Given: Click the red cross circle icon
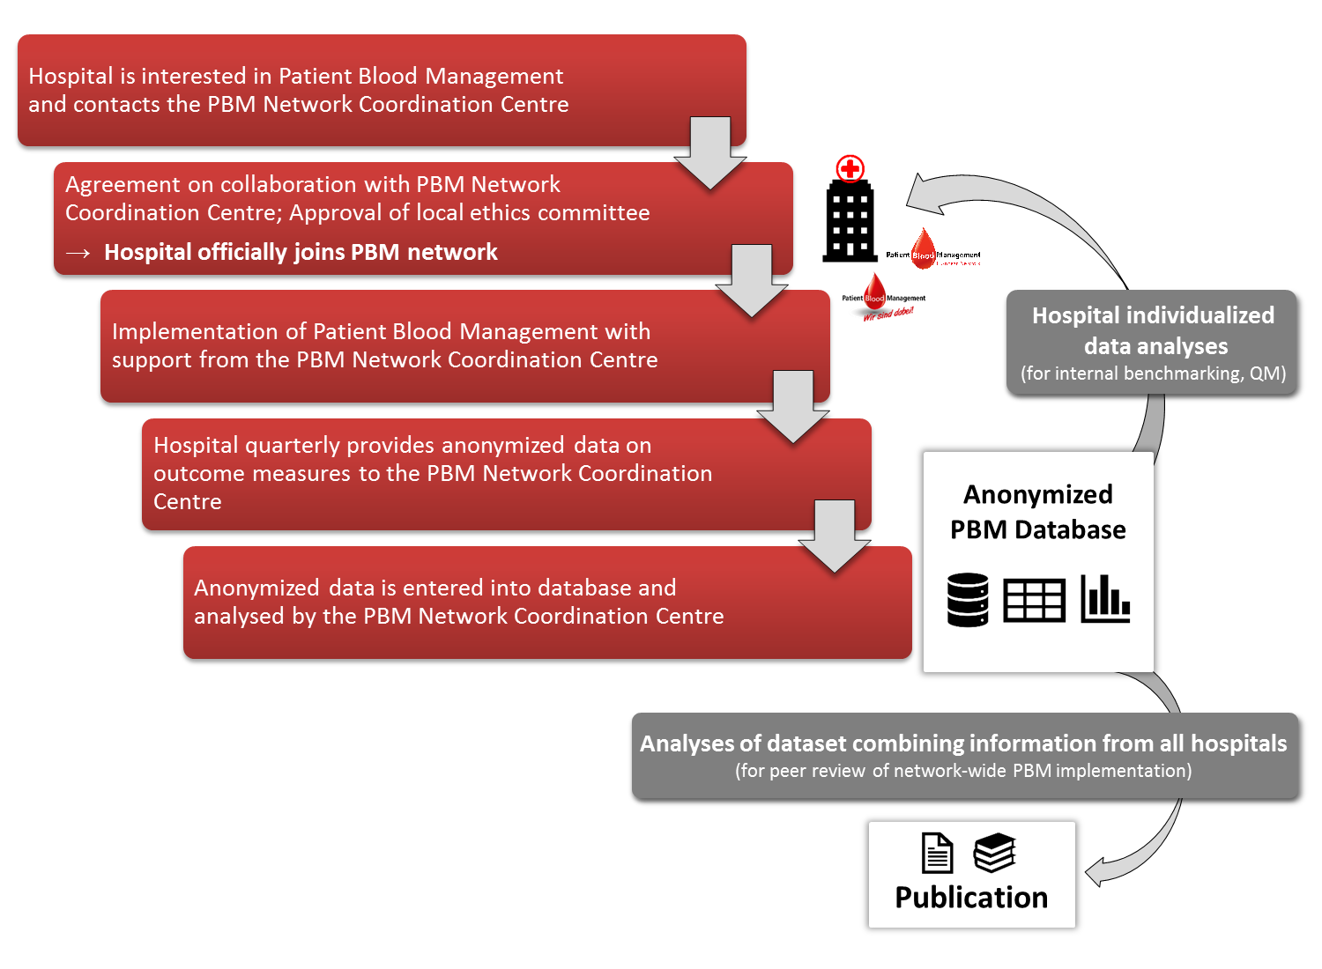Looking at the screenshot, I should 850,169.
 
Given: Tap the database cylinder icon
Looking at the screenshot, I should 968,600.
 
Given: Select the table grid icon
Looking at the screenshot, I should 1035,601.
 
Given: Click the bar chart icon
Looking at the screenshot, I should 1105,599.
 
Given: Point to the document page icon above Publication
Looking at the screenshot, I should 937,853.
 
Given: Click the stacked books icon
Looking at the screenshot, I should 995,853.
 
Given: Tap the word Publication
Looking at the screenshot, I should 971,898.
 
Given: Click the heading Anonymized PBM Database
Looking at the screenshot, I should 1037,512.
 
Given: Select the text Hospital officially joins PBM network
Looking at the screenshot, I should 301,253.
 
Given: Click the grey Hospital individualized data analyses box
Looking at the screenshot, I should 1151,341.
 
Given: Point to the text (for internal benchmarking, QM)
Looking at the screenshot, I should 1153,374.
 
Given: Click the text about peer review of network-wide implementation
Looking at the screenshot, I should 963,771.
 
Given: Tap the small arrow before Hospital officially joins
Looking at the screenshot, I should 78,254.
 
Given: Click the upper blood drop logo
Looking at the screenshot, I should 923,248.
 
